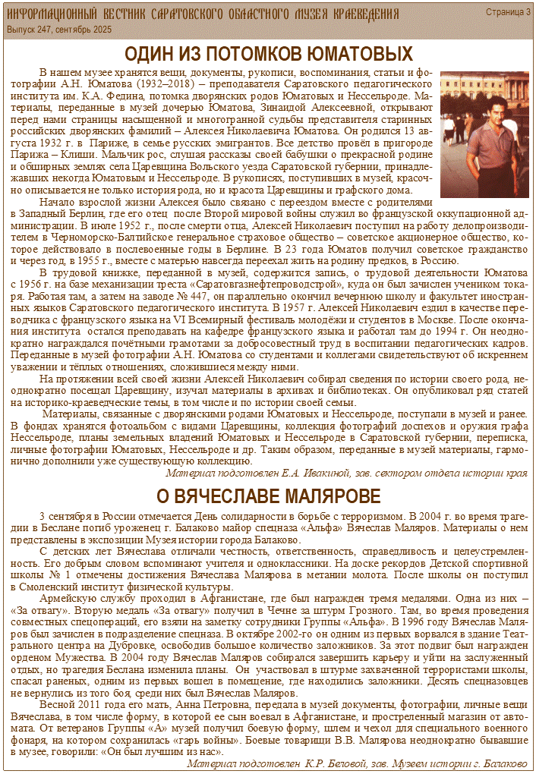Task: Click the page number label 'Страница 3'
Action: point(508,12)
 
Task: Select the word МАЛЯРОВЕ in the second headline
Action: point(329,496)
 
